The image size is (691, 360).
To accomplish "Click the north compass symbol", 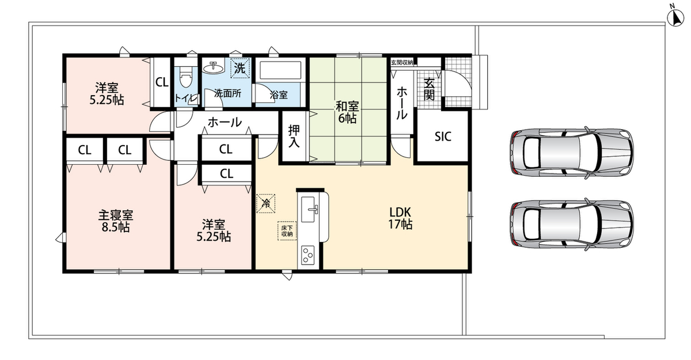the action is pos(675,17).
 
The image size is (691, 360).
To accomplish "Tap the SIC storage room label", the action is pos(443,137).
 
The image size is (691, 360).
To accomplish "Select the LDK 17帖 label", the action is pos(400,218).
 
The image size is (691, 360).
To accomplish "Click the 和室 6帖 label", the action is pos(347,112).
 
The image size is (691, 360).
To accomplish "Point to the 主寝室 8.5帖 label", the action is pos(116,221).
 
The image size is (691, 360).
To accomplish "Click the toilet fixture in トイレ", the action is pos(185,77).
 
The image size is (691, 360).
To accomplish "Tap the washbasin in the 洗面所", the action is pos(214,67).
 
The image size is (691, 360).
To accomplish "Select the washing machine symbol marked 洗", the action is pos(240,68).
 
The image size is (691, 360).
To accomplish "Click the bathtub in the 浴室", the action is pos(280,70).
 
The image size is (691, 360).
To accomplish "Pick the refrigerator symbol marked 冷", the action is pos(265,203).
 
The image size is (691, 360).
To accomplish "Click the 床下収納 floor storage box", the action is pos(287,231).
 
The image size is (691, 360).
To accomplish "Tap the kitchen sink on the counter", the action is pos(309,209).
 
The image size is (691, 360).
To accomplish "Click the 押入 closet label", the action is pos(294,136).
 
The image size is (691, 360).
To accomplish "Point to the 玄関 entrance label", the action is pos(429,89).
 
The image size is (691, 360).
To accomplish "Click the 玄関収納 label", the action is pos(402,63).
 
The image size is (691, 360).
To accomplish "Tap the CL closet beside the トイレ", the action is pos(162,82).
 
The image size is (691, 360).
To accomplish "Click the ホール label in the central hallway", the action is pos(225,123).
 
